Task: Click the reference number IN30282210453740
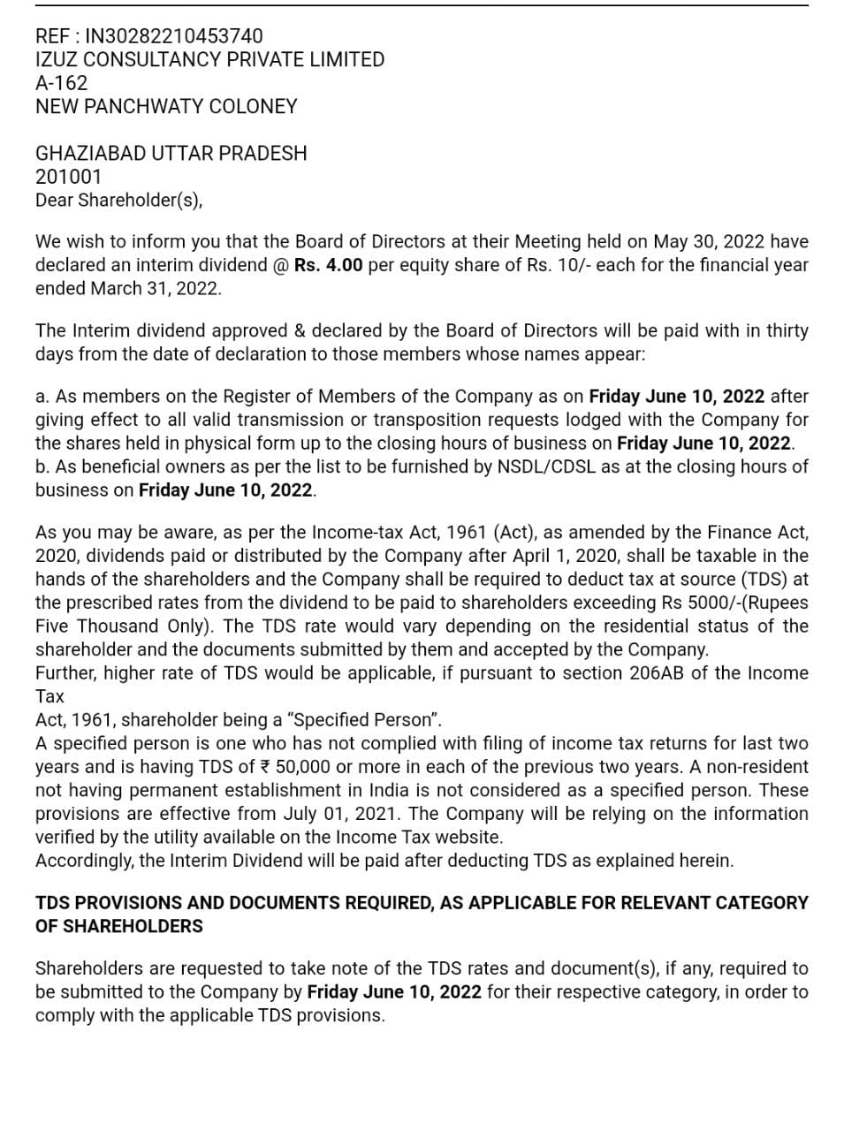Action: coord(173,36)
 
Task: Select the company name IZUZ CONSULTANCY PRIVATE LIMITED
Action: coord(209,60)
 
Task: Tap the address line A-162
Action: coord(61,83)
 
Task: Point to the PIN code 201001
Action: coord(68,177)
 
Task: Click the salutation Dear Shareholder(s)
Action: coord(118,200)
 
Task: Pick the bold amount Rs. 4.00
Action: coord(328,265)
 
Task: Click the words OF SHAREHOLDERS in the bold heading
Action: coord(118,927)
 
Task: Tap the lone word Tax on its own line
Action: coord(49,696)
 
